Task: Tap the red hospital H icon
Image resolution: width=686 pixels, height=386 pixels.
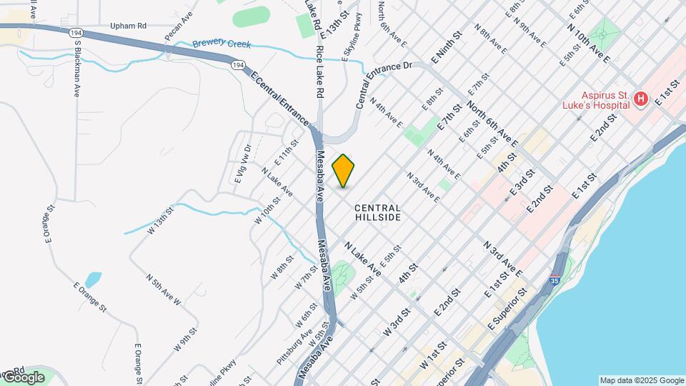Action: [x=640, y=99]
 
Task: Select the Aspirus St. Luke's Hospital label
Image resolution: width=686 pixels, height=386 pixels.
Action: [x=595, y=99]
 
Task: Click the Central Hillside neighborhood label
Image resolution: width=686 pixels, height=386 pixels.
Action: [x=377, y=212]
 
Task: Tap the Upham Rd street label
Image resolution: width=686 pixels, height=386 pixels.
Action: [x=128, y=26]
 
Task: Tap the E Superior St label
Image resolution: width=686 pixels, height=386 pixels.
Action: [x=507, y=307]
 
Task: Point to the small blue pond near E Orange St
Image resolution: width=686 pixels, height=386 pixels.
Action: [x=92, y=279]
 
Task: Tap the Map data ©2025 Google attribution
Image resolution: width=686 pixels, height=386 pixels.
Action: [x=641, y=380]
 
